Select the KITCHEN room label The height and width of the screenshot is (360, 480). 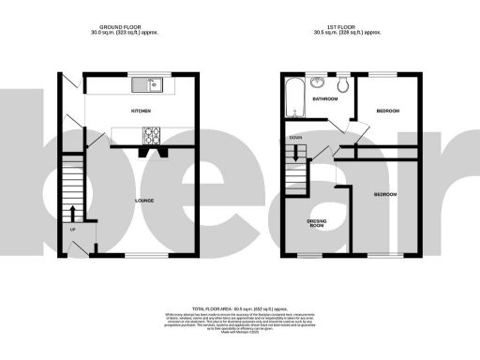coord(142,112)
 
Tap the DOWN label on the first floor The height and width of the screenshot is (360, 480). coord(295,137)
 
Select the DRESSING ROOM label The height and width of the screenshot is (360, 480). coord(316,223)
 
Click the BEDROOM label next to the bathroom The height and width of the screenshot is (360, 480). coord(388,112)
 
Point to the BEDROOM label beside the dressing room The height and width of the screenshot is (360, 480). coord(385,194)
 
